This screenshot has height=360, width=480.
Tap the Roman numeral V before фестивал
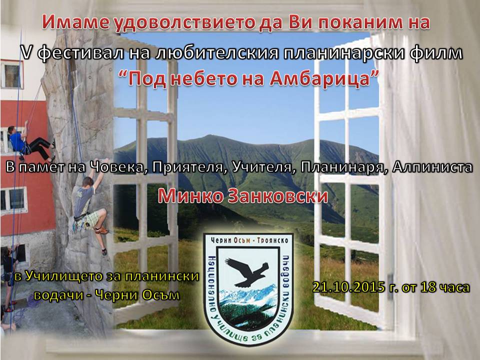(x=27, y=52)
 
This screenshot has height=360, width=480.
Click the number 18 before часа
(x=427, y=287)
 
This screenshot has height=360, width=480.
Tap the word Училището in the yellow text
(x=67, y=276)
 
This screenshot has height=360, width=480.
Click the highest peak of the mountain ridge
(x=208, y=136)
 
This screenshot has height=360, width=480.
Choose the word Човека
(x=117, y=167)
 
